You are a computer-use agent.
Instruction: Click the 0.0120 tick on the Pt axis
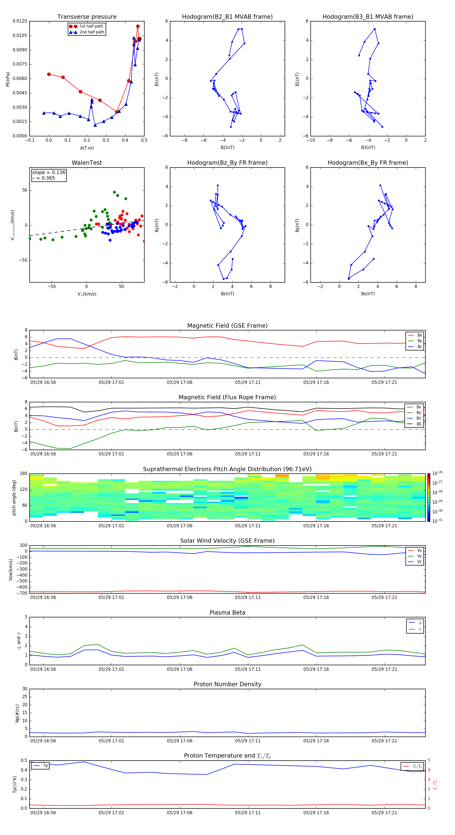[20, 21]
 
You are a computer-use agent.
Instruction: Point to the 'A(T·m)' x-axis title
[87, 148]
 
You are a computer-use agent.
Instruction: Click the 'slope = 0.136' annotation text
[49, 173]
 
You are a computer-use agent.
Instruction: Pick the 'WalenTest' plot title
[87, 163]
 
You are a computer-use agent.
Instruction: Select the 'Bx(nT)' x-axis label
[368, 294]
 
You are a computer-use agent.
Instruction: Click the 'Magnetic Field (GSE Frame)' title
[227, 326]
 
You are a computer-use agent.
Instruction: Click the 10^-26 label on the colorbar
[437, 473]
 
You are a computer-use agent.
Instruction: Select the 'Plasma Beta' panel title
[227, 613]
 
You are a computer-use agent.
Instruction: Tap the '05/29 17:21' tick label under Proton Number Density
[384, 741]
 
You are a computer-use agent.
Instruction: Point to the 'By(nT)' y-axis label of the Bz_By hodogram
[157, 225]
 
